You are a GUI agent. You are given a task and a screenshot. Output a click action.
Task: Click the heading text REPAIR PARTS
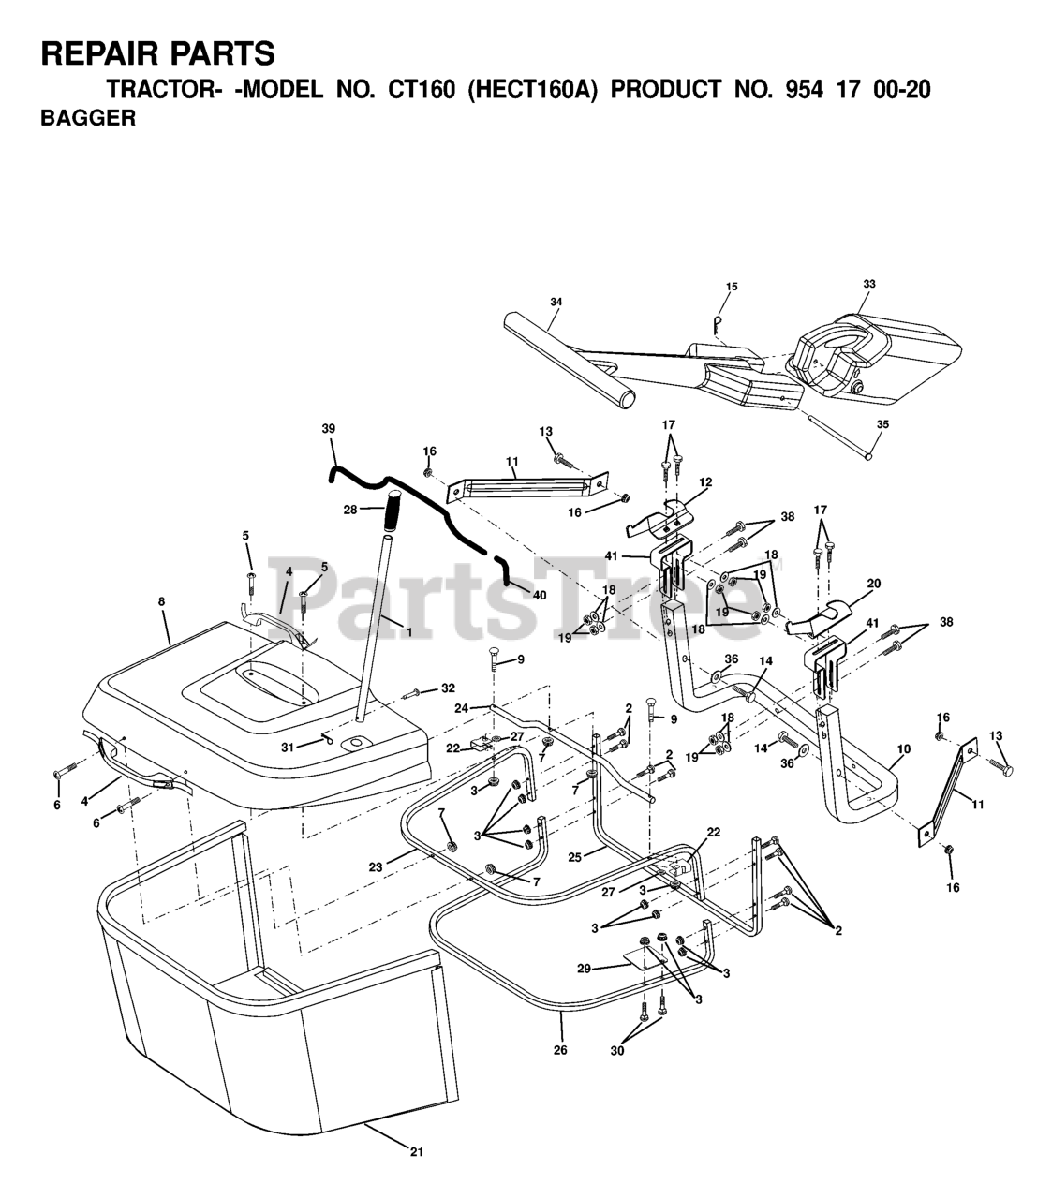click(x=158, y=53)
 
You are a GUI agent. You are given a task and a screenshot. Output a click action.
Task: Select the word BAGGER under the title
click(x=88, y=119)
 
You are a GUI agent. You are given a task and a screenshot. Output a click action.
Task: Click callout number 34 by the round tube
click(x=556, y=302)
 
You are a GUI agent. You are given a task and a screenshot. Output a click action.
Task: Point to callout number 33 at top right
click(x=868, y=283)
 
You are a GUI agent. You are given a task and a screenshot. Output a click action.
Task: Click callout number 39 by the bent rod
click(x=328, y=428)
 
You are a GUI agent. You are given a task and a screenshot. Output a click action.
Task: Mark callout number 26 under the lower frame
click(x=559, y=1050)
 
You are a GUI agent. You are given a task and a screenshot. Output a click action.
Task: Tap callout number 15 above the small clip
click(x=732, y=287)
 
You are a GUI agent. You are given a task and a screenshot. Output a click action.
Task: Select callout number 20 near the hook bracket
click(x=873, y=583)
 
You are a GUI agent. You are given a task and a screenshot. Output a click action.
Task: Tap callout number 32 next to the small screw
click(x=448, y=688)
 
